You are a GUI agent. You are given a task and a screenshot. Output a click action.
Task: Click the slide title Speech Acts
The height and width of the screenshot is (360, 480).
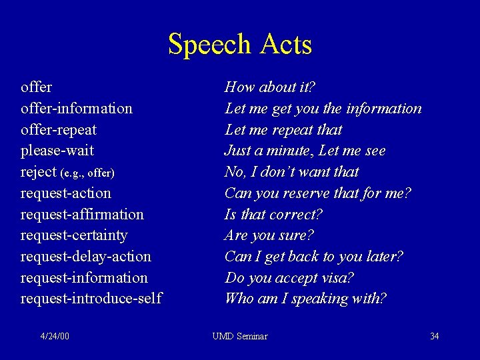tap(240, 45)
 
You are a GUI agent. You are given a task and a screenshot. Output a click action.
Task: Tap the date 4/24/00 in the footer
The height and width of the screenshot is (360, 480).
tap(55, 336)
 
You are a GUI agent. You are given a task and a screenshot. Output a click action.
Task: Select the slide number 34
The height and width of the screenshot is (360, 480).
tap(434, 336)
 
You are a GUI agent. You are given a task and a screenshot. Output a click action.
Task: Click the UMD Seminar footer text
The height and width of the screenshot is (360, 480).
tap(240, 336)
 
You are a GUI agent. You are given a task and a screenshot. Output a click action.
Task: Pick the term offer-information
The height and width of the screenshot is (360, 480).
tap(77, 108)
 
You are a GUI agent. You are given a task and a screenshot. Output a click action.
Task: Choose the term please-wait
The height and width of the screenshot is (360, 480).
tap(57, 151)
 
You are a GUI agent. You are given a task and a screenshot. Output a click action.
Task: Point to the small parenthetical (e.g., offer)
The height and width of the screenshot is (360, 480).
tap(87, 173)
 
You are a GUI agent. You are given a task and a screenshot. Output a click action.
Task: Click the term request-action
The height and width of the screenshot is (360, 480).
tap(66, 193)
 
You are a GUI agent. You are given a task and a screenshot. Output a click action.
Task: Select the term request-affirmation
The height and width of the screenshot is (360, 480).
tap(82, 215)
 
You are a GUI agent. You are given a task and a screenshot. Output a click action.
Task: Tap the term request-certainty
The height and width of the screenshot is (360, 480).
tap(74, 235)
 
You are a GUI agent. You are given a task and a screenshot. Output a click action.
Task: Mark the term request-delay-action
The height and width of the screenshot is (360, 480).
tap(86, 257)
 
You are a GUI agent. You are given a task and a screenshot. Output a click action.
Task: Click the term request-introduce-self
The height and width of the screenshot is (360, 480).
tap(91, 299)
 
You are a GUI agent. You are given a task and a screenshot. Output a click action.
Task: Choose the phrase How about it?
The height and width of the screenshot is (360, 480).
tap(270, 87)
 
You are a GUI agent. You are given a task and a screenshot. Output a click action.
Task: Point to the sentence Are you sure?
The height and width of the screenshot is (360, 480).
tap(269, 235)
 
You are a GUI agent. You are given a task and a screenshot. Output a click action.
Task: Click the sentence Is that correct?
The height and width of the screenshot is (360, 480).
tap(274, 215)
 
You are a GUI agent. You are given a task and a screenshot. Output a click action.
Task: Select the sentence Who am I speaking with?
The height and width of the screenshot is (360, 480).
tap(306, 299)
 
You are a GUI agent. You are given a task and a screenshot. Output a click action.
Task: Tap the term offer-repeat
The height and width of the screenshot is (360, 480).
tap(59, 129)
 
